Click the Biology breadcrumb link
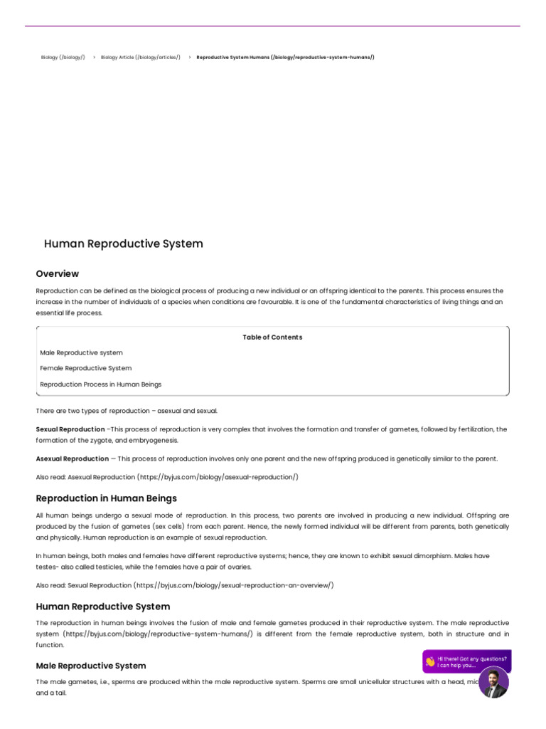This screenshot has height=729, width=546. point(63,57)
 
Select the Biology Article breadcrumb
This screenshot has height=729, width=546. point(140,57)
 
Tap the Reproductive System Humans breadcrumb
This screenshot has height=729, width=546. point(285,57)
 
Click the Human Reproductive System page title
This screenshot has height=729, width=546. point(123,243)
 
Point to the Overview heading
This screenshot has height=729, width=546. point(58,273)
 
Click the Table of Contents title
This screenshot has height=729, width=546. point(272,337)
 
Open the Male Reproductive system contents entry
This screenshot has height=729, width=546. point(81,352)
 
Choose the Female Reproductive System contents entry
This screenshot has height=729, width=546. point(85,368)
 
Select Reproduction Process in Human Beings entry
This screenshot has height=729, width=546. point(100,384)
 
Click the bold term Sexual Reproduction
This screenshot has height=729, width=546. point(70,429)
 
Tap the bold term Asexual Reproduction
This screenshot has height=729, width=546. point(73,458)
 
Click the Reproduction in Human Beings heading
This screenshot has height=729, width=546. point(107,498)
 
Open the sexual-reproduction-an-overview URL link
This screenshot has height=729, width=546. point(233,585)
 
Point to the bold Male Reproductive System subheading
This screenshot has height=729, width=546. point(91,666)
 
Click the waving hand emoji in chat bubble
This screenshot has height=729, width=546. point(430,661)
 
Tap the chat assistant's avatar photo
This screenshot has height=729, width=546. point(493,683)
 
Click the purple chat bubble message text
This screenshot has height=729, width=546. point(472,662)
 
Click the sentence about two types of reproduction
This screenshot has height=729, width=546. point(127,411)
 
